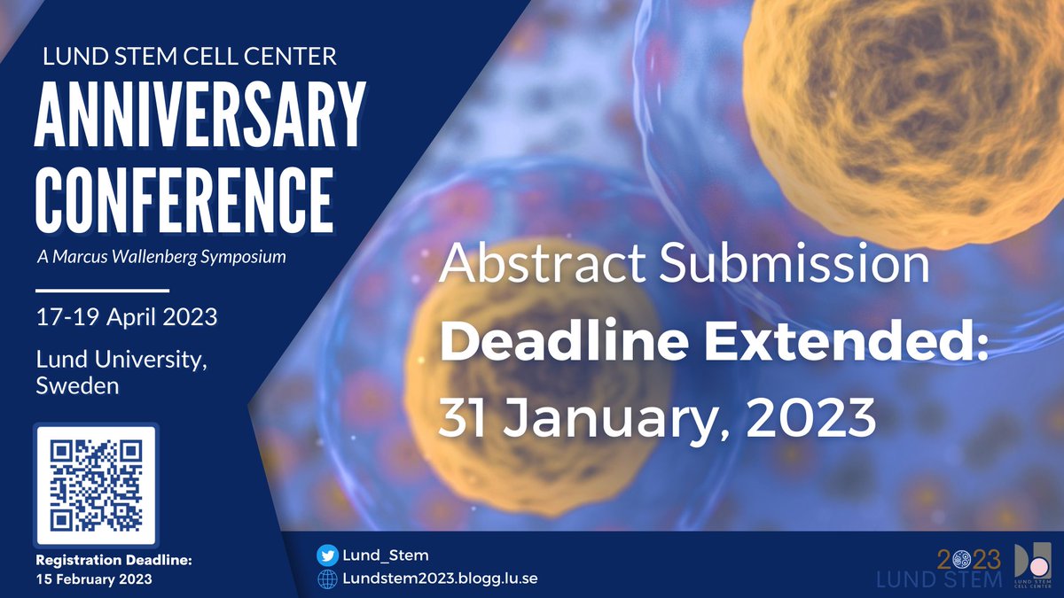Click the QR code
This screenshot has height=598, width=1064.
click(x=95, y=485)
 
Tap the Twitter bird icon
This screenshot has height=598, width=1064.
click(x=327, y=555)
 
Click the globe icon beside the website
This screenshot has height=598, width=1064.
click(x=327, y=579)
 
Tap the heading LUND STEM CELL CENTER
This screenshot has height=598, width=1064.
click(x=190, y=58)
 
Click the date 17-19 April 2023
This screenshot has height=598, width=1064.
click(x=126, y=317)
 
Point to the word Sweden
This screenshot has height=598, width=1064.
click(x=78, y=386)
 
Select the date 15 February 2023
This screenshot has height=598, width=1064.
click(x=93, y=579)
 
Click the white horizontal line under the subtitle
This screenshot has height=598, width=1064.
click(x=102, y=290)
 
